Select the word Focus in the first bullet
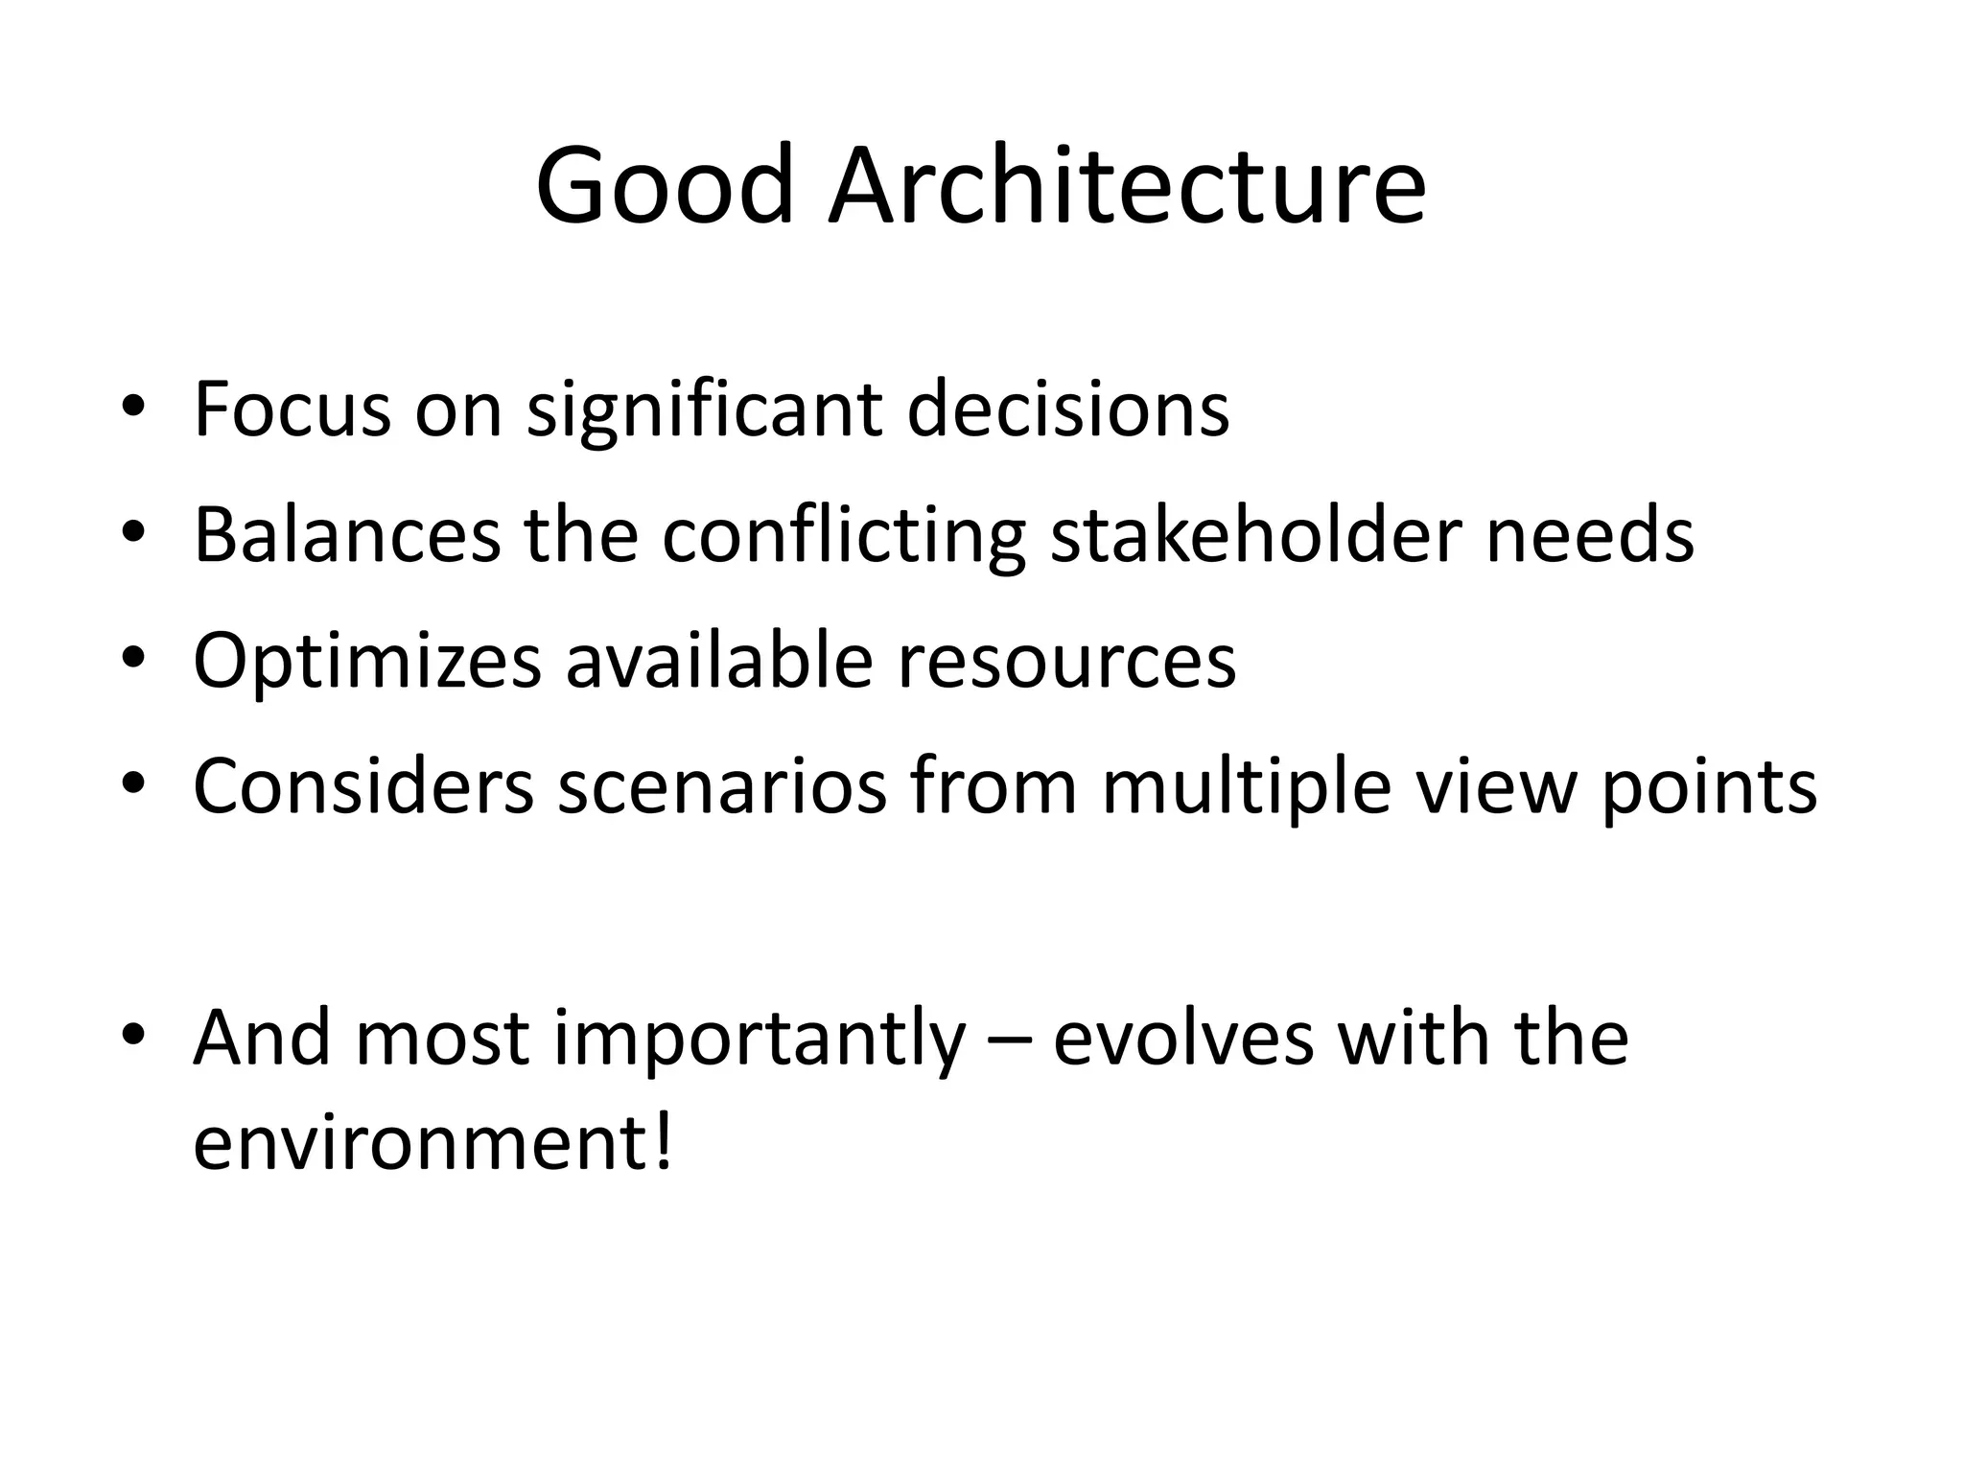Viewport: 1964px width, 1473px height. click(x=292, y=409)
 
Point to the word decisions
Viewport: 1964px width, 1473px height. click(x=1067, y=409)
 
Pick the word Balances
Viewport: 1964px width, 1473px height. click(x=346, y=534)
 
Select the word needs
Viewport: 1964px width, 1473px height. click(x=1590, y=534)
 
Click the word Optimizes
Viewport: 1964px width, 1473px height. click(x=367, y=662)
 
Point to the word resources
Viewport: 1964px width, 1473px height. click(x=1066, y=662)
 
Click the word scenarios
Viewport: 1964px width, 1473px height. click(x=722, y=786)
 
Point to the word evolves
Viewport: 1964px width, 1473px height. click(x=1183, y=1039)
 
